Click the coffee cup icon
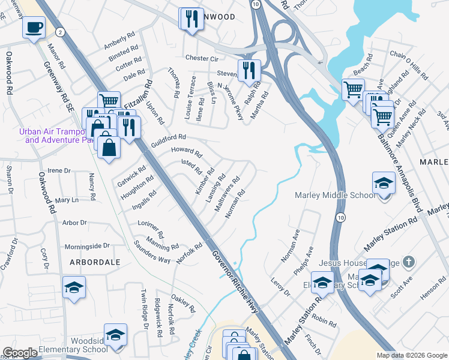[34, 27]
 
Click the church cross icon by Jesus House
[408, 262]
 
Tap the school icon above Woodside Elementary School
[115, 335]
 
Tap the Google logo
[19, 353]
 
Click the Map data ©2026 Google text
[411, 355]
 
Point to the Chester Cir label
[202, 58]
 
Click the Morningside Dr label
[88, 245]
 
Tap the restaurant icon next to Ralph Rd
[249, 70]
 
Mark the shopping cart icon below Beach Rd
[353, 90]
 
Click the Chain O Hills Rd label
[409, 65]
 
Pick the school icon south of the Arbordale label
[74, 288]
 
